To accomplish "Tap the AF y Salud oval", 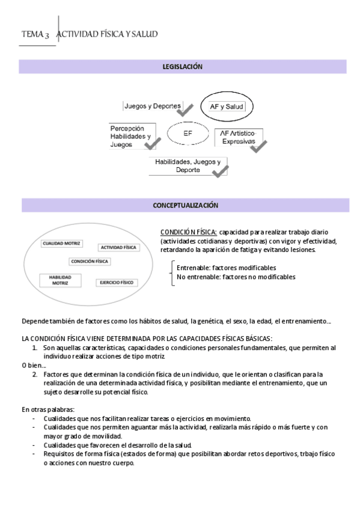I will (227, 106).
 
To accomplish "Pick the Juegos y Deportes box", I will (152, 106).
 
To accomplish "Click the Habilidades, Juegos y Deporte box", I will (188, 165).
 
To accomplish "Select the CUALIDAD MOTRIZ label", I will (61, 244).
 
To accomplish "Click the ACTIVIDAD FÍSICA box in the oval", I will (118, 247).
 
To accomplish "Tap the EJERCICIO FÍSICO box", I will (116, 282).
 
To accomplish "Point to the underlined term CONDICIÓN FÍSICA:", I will (188, 232).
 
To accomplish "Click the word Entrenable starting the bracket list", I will (191, 268).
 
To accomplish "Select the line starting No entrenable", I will (236, 277).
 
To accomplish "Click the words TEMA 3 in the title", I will (35, 35).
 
